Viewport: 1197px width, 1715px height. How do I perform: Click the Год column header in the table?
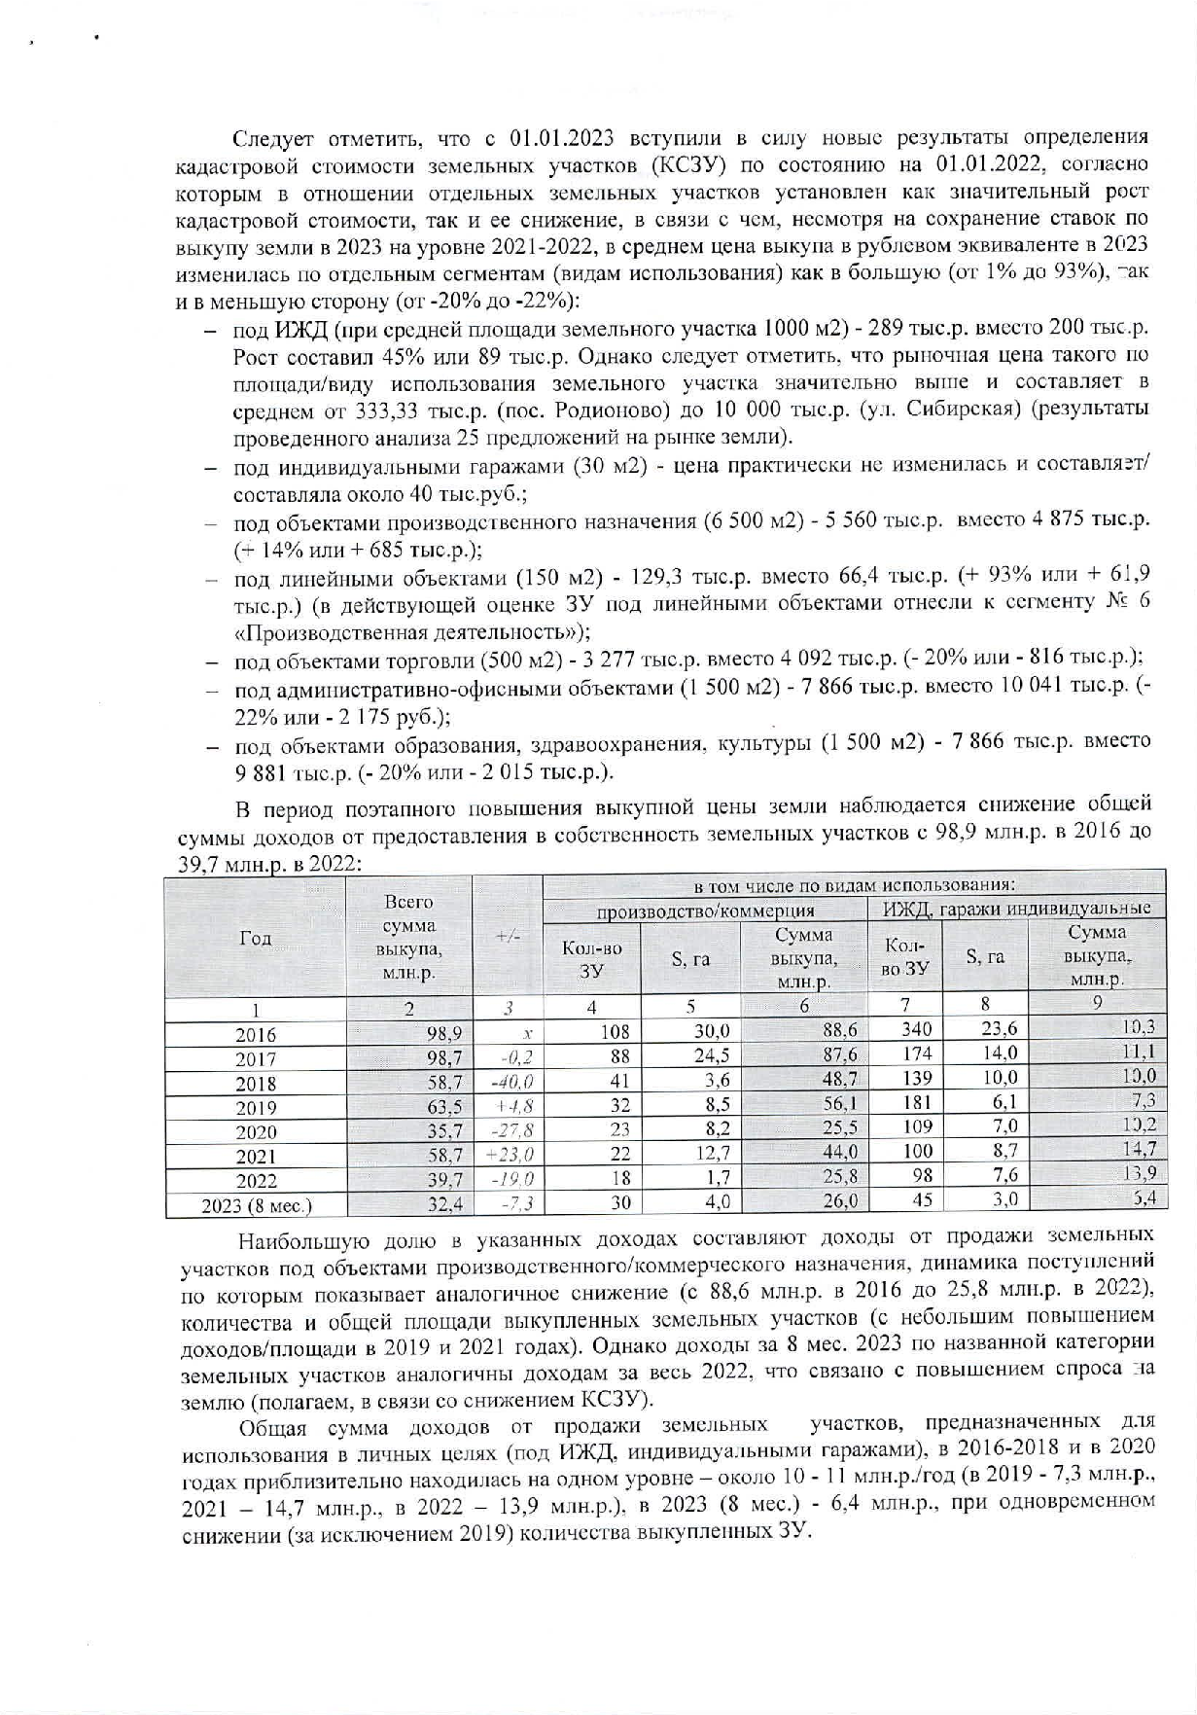click(x=256, y=939)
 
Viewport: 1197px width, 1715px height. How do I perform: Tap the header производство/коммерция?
click(x=705, y=911)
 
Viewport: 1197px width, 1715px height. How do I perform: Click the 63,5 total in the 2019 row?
click(x=443, y=1106)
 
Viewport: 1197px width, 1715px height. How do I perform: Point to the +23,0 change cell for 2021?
click(x=510, y=1155)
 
